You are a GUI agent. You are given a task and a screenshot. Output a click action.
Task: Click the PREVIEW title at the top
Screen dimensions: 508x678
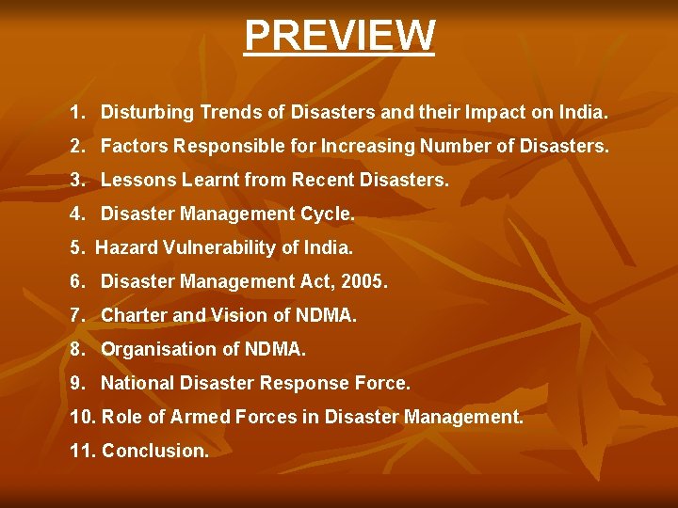[339, 36]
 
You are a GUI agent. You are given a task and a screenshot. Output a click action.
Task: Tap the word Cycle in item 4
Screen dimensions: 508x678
[326, 214]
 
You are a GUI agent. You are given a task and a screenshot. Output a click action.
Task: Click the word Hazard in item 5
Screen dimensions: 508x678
[125, 247]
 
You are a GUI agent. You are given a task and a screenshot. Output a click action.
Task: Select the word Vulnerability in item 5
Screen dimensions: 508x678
[210, 247]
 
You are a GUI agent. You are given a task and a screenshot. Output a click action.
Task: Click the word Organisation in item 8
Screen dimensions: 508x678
[153, 349]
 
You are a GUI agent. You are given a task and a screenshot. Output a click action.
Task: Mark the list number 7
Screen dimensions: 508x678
[76, 315]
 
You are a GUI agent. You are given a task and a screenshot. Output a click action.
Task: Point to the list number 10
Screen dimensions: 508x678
[81, 417]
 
